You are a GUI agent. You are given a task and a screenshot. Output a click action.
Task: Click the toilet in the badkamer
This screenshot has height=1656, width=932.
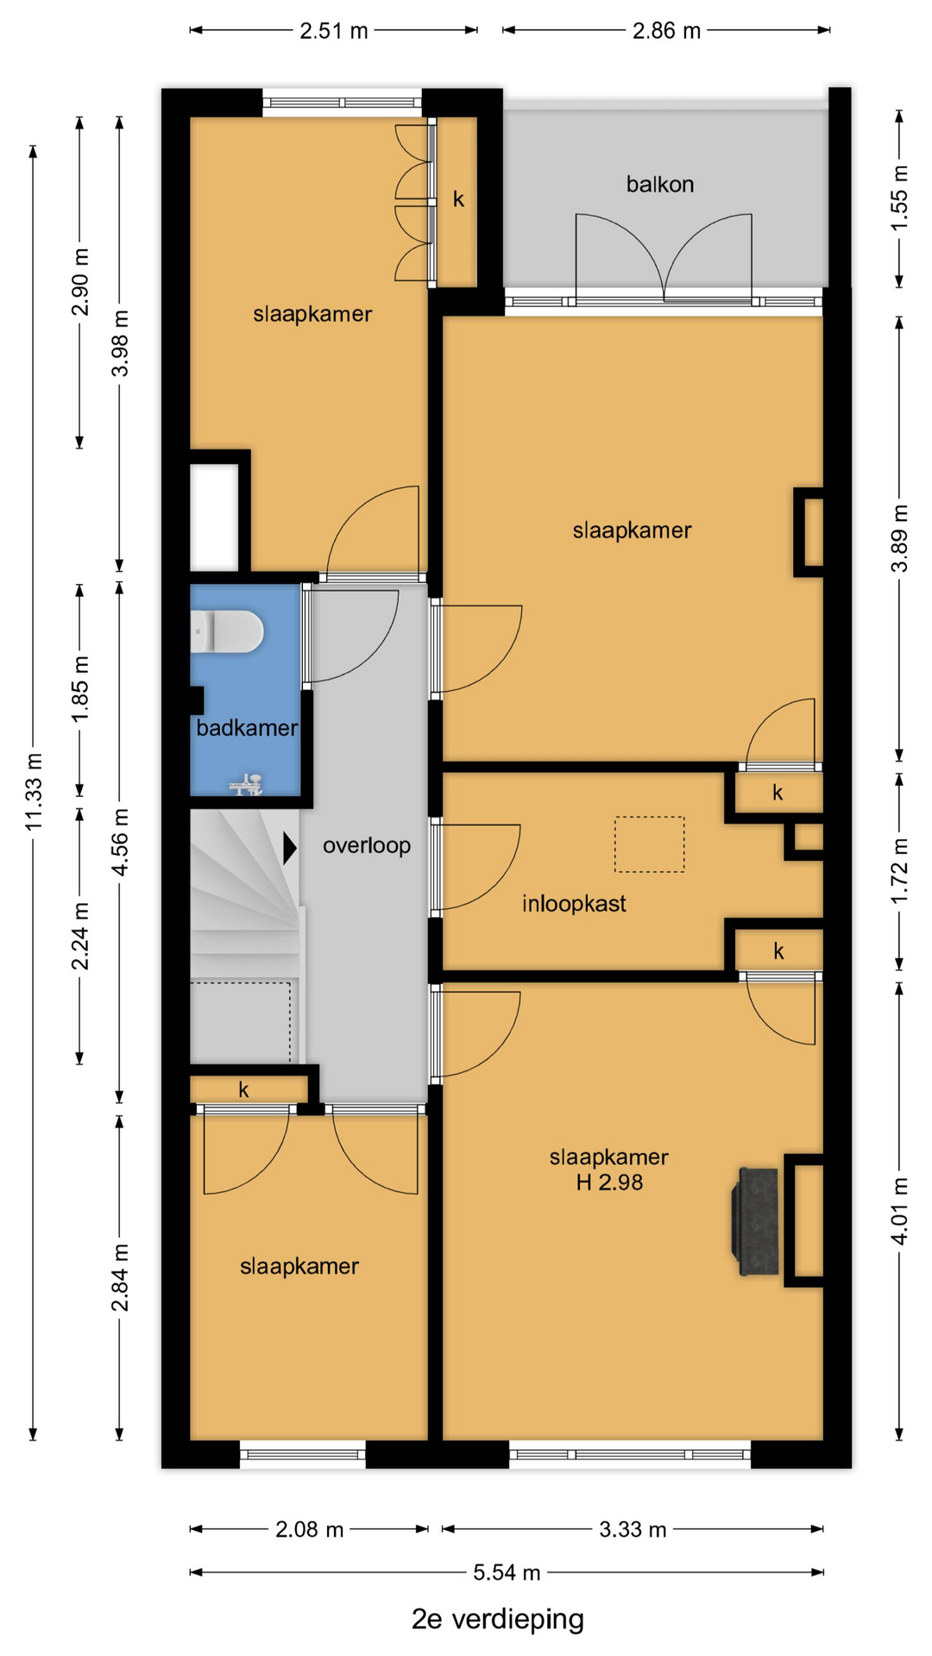point(226,631)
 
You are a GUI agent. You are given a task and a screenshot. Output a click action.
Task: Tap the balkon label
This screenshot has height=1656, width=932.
point(660,184)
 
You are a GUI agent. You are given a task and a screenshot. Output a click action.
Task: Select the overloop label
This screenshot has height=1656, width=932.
point(367,845)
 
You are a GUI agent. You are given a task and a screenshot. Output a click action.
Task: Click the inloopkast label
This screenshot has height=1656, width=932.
point(574,904)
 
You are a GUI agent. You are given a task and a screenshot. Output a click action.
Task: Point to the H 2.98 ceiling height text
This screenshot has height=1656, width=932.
point(609,1182)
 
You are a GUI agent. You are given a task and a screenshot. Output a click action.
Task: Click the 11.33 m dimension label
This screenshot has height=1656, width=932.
point(34,792)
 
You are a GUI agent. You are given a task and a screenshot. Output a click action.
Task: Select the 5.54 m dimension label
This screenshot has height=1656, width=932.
point(507,1572)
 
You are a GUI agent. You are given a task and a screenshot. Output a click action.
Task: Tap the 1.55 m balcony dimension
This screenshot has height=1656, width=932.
point(899,198)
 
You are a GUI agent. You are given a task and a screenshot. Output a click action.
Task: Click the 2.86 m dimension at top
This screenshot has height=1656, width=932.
point(666,31)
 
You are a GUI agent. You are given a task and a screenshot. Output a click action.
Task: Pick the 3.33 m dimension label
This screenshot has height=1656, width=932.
point(633,1529)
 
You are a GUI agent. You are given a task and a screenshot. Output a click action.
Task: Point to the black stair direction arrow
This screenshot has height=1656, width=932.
point(290,848)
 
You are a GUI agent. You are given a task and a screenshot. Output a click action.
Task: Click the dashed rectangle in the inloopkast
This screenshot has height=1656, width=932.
point(650,844)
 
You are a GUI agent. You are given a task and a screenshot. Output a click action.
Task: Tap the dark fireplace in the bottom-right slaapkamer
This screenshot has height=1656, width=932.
point(755,1220)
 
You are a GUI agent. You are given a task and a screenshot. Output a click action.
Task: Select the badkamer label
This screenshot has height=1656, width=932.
point(247,728)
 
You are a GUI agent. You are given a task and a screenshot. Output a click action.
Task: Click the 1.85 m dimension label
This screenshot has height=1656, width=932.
point(80,690)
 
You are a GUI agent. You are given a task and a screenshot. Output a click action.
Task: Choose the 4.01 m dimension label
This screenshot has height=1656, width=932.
point(899,1211)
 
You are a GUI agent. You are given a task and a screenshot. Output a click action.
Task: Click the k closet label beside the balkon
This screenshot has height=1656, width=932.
point(458,199)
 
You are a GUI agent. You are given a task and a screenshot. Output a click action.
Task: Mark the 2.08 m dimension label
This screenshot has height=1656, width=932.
point(309,1529)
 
